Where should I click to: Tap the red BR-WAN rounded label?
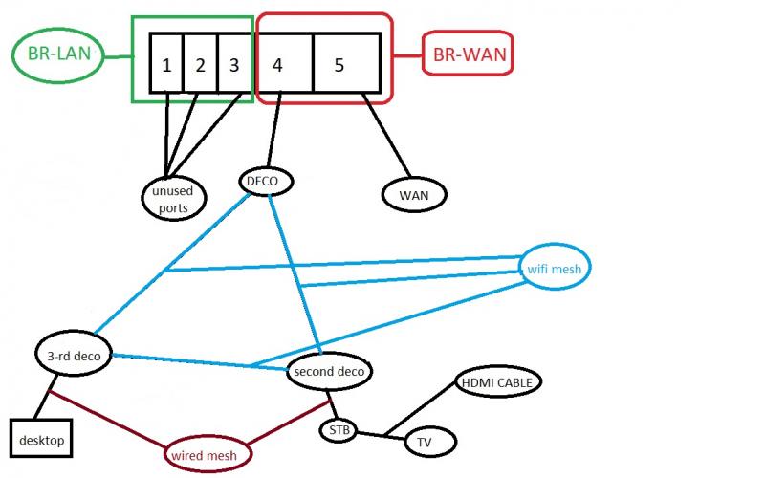coord(469,54)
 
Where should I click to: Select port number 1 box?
coord(166,65)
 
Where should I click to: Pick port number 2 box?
coord(200,65)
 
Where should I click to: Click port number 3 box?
coord(233,65)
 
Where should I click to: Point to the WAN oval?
coord(415,194)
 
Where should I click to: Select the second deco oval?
coord(328,370)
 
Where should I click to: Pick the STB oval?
coord(338,430)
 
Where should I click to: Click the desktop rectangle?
coord(42,440)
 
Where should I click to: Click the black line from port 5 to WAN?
coord(392,141)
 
